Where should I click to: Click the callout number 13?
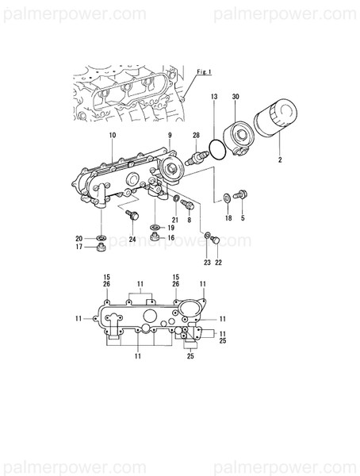[x=213, y=96]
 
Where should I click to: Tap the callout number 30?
[x=236, y=96]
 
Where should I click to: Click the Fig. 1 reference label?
[x=205, y=72]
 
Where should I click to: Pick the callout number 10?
[x=112, y=136]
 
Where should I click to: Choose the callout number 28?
[x=196, y=136]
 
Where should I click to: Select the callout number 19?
[x=170, y=228]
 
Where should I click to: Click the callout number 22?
[x=220, y=263]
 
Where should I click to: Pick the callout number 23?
[x=207, y=263]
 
